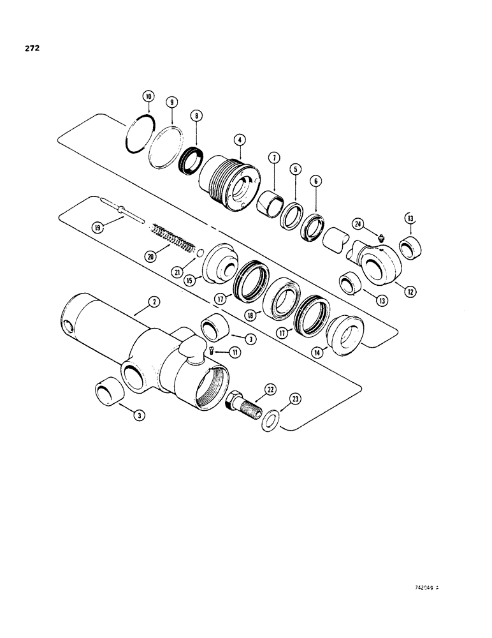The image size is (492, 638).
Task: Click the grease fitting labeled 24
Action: (380, 238)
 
